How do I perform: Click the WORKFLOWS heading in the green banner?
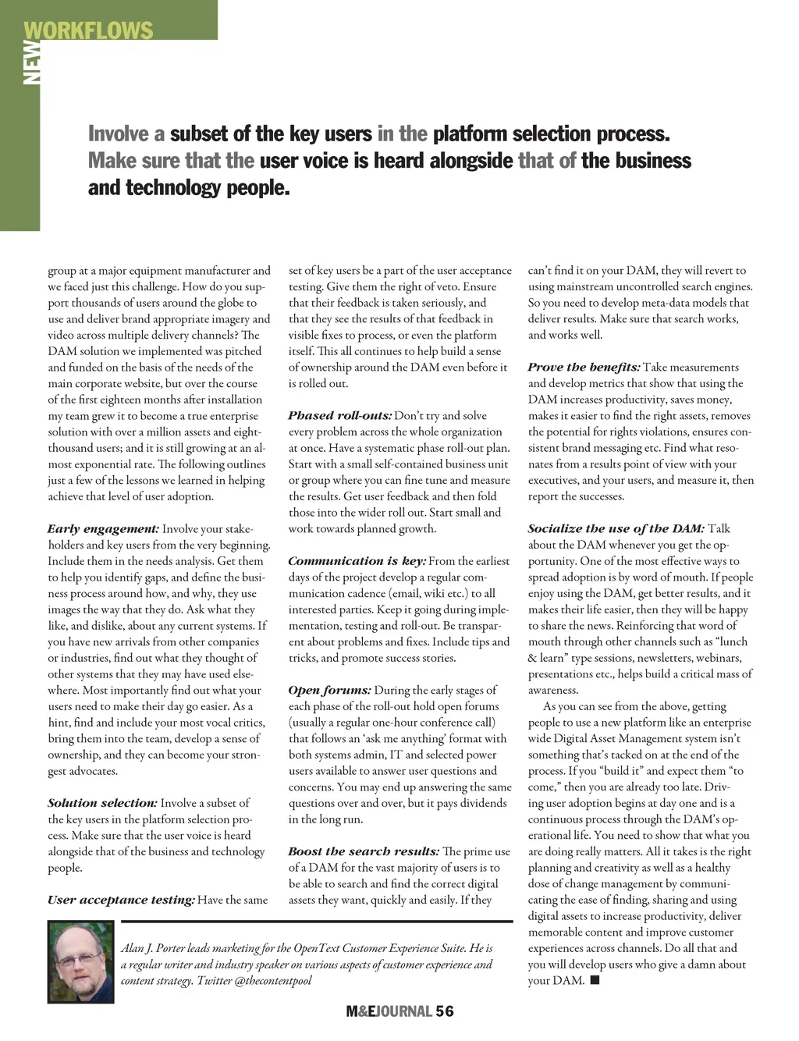(88, 30)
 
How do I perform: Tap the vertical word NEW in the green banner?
(31, 62)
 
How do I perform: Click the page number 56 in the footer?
(445, 1011)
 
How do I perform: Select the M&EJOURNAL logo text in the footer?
(389, 1011)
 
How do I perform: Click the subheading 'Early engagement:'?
(103, 529)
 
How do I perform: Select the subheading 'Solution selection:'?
(102, 803)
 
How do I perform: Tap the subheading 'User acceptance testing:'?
(121, 900)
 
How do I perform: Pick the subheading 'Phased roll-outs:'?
(339, 416)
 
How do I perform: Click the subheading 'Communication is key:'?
(357, 561)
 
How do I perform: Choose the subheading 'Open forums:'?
(329, 691)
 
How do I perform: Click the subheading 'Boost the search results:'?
(364, 851)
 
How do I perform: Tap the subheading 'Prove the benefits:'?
(584, 368)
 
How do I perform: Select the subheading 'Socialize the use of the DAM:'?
(616, 529)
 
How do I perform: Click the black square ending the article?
(595, 980)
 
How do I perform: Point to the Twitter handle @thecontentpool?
(272, 981)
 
